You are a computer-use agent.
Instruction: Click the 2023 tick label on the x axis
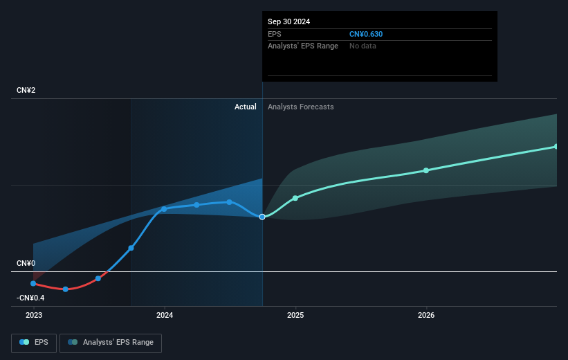pos(33,315)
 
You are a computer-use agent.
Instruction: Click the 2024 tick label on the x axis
pos(165,315)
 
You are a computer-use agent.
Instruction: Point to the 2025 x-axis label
pos(295,315)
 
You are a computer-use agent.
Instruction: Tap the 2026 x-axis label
pos(426,315)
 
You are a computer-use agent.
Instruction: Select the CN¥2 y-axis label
pos(26,91)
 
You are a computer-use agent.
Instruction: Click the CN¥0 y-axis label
pos(26,264)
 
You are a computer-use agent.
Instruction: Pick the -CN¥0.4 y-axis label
pos(30,298)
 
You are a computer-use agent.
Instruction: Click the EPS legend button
pos(35,342)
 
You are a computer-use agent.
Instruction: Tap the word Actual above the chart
pos(245,107)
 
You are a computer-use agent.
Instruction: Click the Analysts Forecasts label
pos(300,107)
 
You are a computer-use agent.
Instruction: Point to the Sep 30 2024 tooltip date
pos(289,21)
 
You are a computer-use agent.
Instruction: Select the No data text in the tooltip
pos(363,46)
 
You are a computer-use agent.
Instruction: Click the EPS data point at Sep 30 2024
pos(262,217)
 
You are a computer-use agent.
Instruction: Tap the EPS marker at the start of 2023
pos(33,283)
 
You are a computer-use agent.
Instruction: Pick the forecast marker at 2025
pos(295,198)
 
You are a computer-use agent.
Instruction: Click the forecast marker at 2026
pos(426,170)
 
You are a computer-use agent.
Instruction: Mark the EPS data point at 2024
pos(164,208)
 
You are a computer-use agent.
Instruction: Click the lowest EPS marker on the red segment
pos(66,289)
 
